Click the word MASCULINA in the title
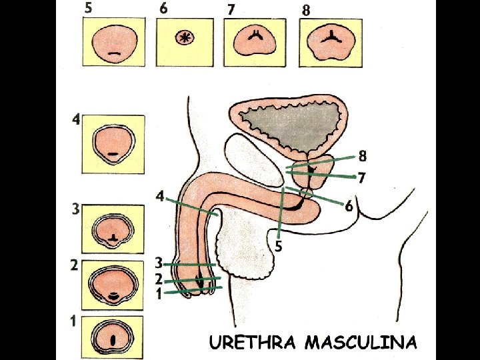(x=361, y=343)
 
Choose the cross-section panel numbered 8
(x=331, y=43)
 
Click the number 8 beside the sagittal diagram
(x=362, y=156)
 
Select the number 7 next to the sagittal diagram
(x=361, y=178)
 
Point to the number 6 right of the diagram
(x=349, y=206)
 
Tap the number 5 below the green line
(x=279, y=247)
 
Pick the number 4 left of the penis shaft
(x=159, y=196)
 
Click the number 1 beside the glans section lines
(x=159, y=293)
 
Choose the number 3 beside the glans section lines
(x=159, y=263)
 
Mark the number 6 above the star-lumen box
(x=164, y=9)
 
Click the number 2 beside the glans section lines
(x=159, y=278)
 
